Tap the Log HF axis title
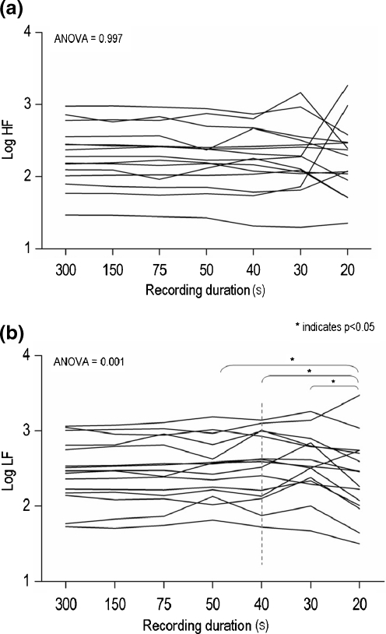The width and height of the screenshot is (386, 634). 10,141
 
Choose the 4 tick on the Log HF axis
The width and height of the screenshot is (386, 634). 28,33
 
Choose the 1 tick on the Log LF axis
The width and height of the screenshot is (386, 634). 28,581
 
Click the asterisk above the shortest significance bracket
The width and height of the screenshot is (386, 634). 334,382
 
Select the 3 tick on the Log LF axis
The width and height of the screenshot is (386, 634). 28,431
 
